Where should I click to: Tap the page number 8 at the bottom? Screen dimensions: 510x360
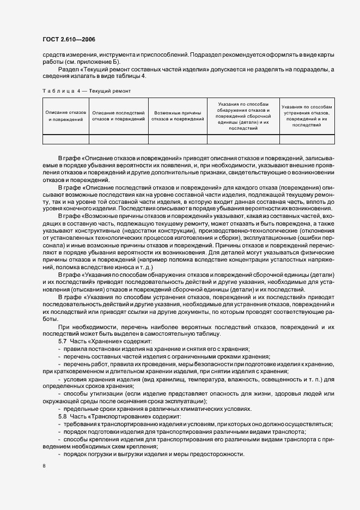pos(44,466)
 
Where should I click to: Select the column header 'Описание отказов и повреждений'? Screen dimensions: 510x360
pos(65,115)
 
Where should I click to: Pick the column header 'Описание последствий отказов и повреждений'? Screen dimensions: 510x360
pos(118,115)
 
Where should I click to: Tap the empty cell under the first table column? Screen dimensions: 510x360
pos(65,138)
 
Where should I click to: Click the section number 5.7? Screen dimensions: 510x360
pos(62,341)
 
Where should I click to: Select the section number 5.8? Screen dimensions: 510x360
pos(62,416)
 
